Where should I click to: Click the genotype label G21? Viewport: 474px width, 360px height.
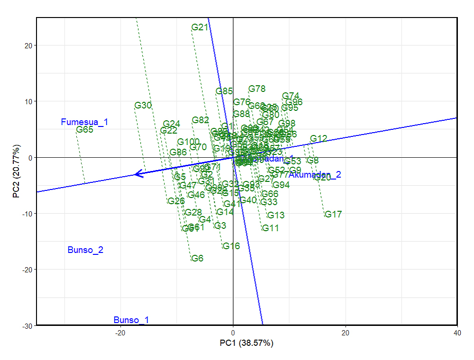(200, 27)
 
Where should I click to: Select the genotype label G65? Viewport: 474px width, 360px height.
(85, 130)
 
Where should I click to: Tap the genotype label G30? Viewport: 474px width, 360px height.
(143, 105)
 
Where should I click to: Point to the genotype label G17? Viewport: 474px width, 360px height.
(333, 215)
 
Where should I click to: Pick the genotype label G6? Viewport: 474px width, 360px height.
(197, 258)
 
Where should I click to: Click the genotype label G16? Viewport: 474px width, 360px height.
(231, 246)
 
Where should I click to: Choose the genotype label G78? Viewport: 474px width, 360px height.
(257, 89)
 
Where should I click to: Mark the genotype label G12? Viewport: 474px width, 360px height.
(319, 139)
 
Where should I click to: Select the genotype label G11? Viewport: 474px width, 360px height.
(271, 228)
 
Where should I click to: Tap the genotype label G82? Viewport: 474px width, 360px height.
(201, 120)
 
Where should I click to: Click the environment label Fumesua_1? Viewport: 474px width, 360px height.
(84, 122)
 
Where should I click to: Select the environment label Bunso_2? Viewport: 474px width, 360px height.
(85, 250)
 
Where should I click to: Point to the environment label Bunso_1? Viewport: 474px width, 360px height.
(131, 320)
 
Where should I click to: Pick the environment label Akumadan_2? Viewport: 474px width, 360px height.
(315, 175)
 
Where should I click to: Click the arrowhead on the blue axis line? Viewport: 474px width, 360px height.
(138, 174)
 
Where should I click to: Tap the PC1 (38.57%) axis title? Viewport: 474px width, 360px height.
(246, 342)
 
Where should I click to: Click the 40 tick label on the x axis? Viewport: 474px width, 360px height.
(457, 333)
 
